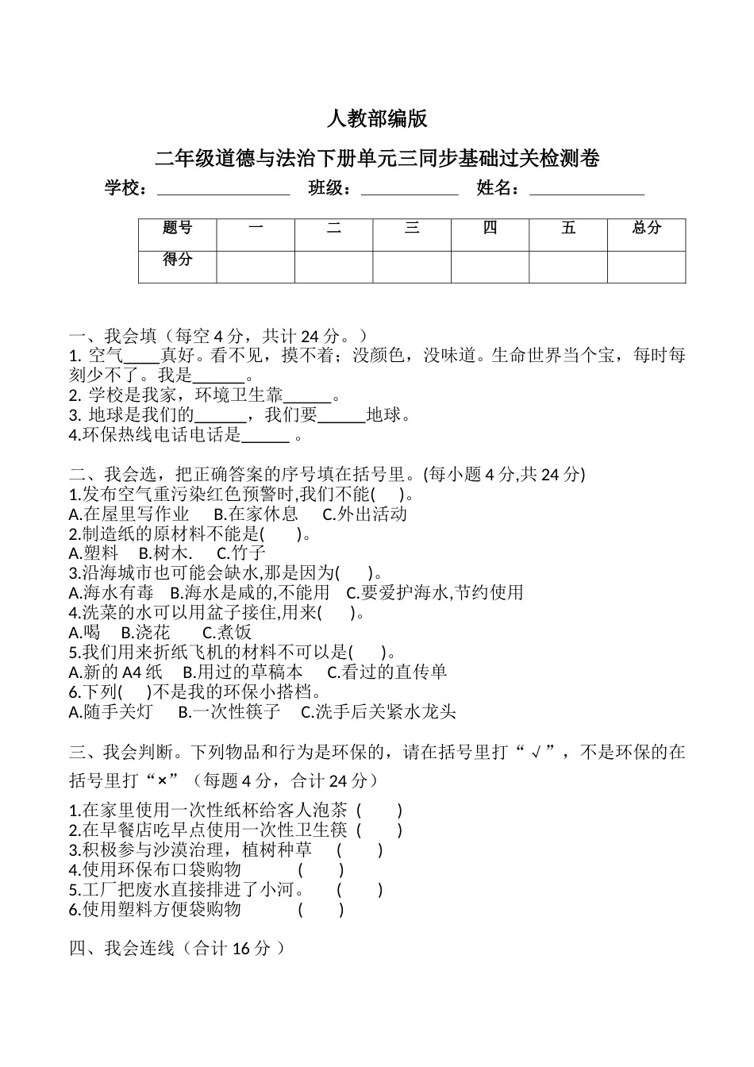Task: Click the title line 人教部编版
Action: point(377,119)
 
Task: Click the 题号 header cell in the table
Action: point(177,229)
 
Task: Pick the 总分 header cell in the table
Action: point(646,229)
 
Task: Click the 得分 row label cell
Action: point(177,260)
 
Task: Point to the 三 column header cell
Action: point(412,229)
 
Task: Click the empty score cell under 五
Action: point(568,267)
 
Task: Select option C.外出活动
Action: point(365,514)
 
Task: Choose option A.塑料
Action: point(94,553)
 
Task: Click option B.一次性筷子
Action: point(229,712)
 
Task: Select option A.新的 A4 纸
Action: point(115,672)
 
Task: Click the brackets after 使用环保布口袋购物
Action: point(321,870)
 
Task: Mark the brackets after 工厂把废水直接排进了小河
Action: point(360,890)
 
